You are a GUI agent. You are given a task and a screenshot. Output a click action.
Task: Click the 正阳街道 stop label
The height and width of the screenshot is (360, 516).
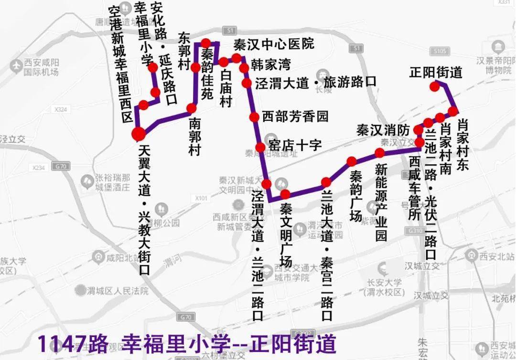click(x=436, y=73)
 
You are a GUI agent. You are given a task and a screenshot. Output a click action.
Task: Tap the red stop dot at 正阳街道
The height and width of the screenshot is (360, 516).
click(x=434, y=86)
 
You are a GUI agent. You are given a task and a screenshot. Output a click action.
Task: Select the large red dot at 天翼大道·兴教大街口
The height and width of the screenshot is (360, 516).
click(x=138, y=133)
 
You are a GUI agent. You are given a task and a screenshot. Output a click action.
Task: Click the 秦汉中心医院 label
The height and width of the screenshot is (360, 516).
click(x=274, y=44)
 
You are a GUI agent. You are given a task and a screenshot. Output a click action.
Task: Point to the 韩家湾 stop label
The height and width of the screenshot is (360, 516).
click(x=271, y=64)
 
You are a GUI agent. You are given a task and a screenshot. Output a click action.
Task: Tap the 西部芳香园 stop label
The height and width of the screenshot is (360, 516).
click(x=295, y=116)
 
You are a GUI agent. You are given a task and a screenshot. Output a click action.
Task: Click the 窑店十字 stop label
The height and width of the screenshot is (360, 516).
click(x=295, y=145)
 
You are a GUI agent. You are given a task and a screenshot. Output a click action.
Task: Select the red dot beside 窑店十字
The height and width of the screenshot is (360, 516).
click(x=260, y=147)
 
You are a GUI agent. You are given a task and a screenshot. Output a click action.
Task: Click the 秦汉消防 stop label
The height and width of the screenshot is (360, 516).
click(x=383, y=130)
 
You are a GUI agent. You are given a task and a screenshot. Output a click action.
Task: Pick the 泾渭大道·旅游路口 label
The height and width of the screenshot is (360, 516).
click(x=315, y=82)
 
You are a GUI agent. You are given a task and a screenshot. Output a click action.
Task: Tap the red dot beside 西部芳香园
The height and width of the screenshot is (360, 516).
click(x=254, y=117)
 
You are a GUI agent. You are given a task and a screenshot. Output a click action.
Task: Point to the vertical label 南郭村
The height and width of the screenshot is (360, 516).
click(x=194, y=137)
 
